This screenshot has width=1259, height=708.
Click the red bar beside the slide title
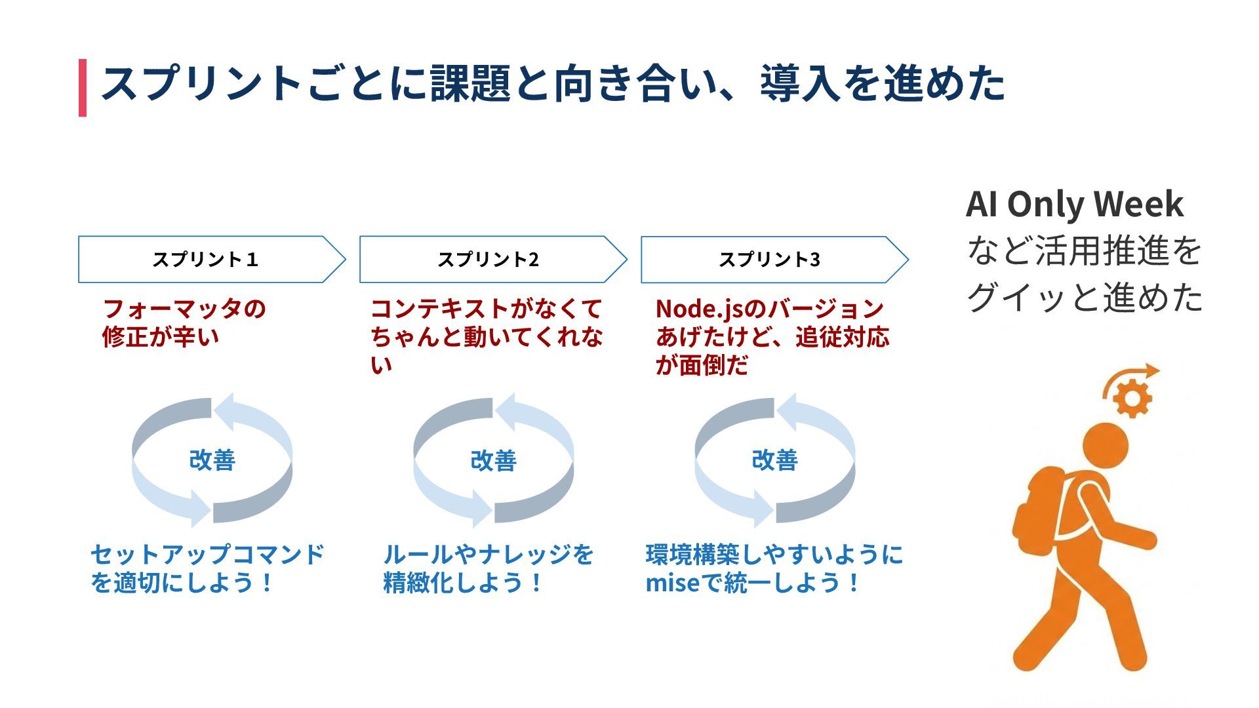[83, 88]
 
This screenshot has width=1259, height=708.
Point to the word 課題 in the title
[470, 84]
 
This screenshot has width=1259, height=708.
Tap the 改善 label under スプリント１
[212, 460]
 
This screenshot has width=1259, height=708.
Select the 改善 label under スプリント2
[493, 460]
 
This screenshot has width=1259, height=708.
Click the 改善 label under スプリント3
[774, 460]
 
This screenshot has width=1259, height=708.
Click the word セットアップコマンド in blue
[207, 555]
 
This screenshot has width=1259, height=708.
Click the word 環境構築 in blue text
[694, 555]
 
